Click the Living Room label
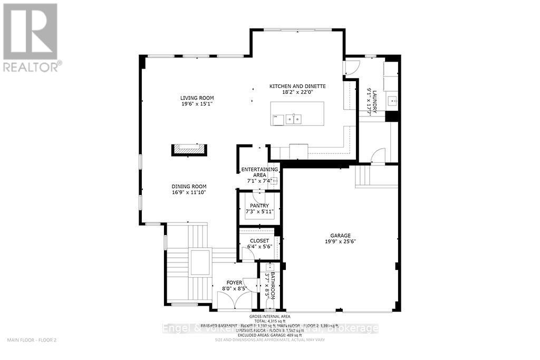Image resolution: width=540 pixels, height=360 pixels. coord(197,98)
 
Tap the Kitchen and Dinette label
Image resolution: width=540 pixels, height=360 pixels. coord(297,86)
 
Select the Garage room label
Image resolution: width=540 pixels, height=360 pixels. coord(341,236)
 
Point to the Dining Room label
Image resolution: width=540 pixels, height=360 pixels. coord(188,187)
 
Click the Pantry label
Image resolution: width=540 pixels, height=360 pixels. coord(259,206)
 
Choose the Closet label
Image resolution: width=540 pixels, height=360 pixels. coord(259,240)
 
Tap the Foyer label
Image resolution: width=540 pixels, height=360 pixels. coord(234,283)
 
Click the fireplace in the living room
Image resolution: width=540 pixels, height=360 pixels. coord(188,150)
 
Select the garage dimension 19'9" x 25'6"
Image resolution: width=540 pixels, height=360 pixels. coord(341,242)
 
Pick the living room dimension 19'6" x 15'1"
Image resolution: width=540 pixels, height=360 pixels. coord(197,104)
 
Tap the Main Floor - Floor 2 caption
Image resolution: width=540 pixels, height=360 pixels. coord(32,340)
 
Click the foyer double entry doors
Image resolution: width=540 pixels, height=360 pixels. coord(234,301)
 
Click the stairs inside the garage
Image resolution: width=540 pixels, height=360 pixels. coord(377,176)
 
